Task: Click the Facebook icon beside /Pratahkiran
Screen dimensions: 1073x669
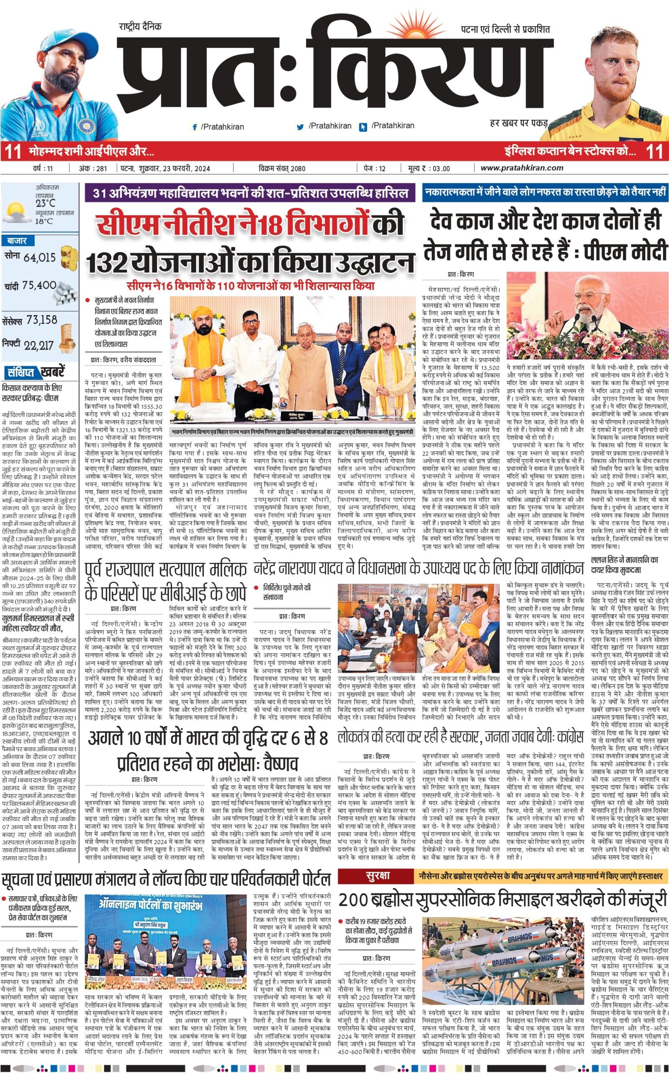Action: coord(195,127)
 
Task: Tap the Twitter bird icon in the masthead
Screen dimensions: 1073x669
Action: coord(301,127)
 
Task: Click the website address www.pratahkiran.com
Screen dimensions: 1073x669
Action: coord(522,168)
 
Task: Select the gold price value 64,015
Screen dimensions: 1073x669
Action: coord(40,257)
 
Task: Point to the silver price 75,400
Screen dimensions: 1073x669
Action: coord(39,285)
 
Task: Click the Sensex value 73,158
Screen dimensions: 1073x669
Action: coord(41,320)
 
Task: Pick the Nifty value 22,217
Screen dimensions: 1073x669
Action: coord(39,345)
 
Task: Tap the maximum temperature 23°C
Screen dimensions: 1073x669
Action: coord(46,204)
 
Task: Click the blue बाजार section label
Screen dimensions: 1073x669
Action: coord(17,241)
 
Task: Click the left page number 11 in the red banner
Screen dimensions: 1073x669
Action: coord(13,151)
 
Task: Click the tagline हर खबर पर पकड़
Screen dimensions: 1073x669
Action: coord(519,123)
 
